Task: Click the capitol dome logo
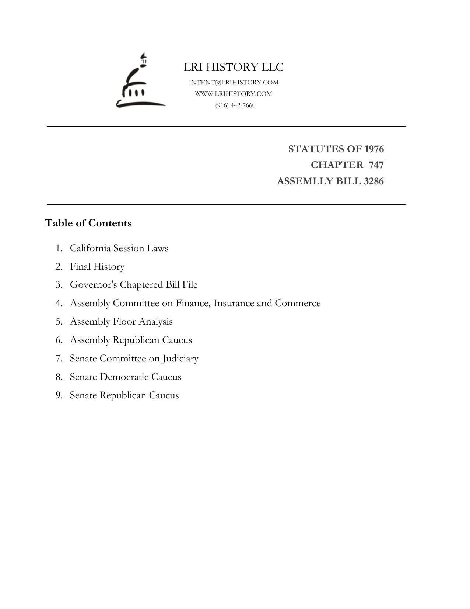pos(140,82)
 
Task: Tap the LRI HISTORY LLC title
pos(234,67)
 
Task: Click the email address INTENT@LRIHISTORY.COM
pos(234,82)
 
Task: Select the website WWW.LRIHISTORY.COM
pos(234,94)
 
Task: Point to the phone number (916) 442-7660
pos(235,105)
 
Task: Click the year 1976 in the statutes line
pos(374,149)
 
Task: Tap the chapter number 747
pos(376,165)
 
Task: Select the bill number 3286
pos(373,181)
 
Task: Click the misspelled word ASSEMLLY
pos(301,181)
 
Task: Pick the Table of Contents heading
pos(88,223)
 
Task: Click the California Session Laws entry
pos(119,248)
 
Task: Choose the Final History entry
pos(97,266)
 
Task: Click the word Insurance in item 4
pos(234,303)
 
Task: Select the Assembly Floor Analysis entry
pos(121,322)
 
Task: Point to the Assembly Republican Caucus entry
pos(131,340)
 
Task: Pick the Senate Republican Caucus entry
pos(124,395)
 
